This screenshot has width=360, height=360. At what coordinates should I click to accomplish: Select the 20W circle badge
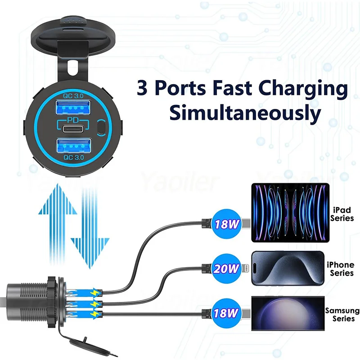tap(226, 269)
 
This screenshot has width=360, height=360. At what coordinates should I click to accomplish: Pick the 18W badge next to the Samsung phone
tap(226, 312)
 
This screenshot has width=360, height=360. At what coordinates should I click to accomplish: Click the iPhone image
tap(287, 269)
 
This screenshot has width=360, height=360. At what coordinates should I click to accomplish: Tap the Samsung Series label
tap(342, 315)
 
